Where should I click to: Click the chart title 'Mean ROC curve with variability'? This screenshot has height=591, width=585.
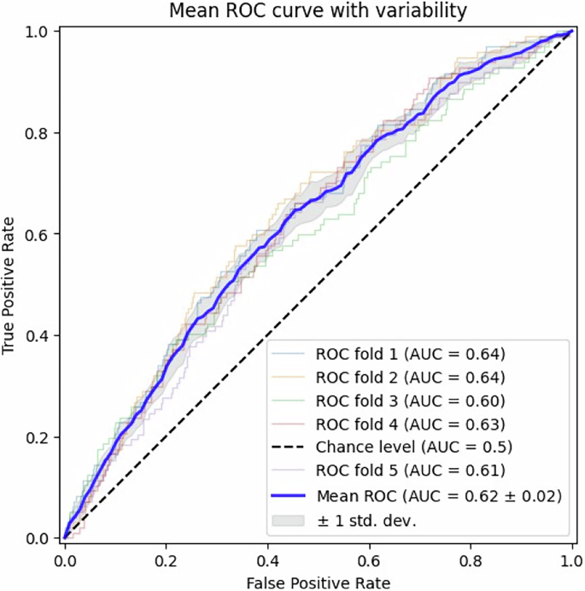point(317,11)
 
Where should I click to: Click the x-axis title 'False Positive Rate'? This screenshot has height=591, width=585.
point(317,582)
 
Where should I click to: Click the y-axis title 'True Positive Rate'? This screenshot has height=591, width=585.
point(11,284)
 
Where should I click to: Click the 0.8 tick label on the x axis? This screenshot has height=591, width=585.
point(471,560)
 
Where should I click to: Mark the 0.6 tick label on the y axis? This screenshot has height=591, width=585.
point(38,235)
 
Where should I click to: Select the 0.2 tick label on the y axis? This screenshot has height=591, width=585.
point(38,437)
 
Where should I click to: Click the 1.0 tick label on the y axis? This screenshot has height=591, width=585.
point(38,32)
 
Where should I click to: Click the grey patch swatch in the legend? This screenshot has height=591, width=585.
point(290,518)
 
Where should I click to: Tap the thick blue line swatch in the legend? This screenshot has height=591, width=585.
point(290,494)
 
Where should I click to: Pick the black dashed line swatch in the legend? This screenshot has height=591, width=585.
point(290,447)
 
